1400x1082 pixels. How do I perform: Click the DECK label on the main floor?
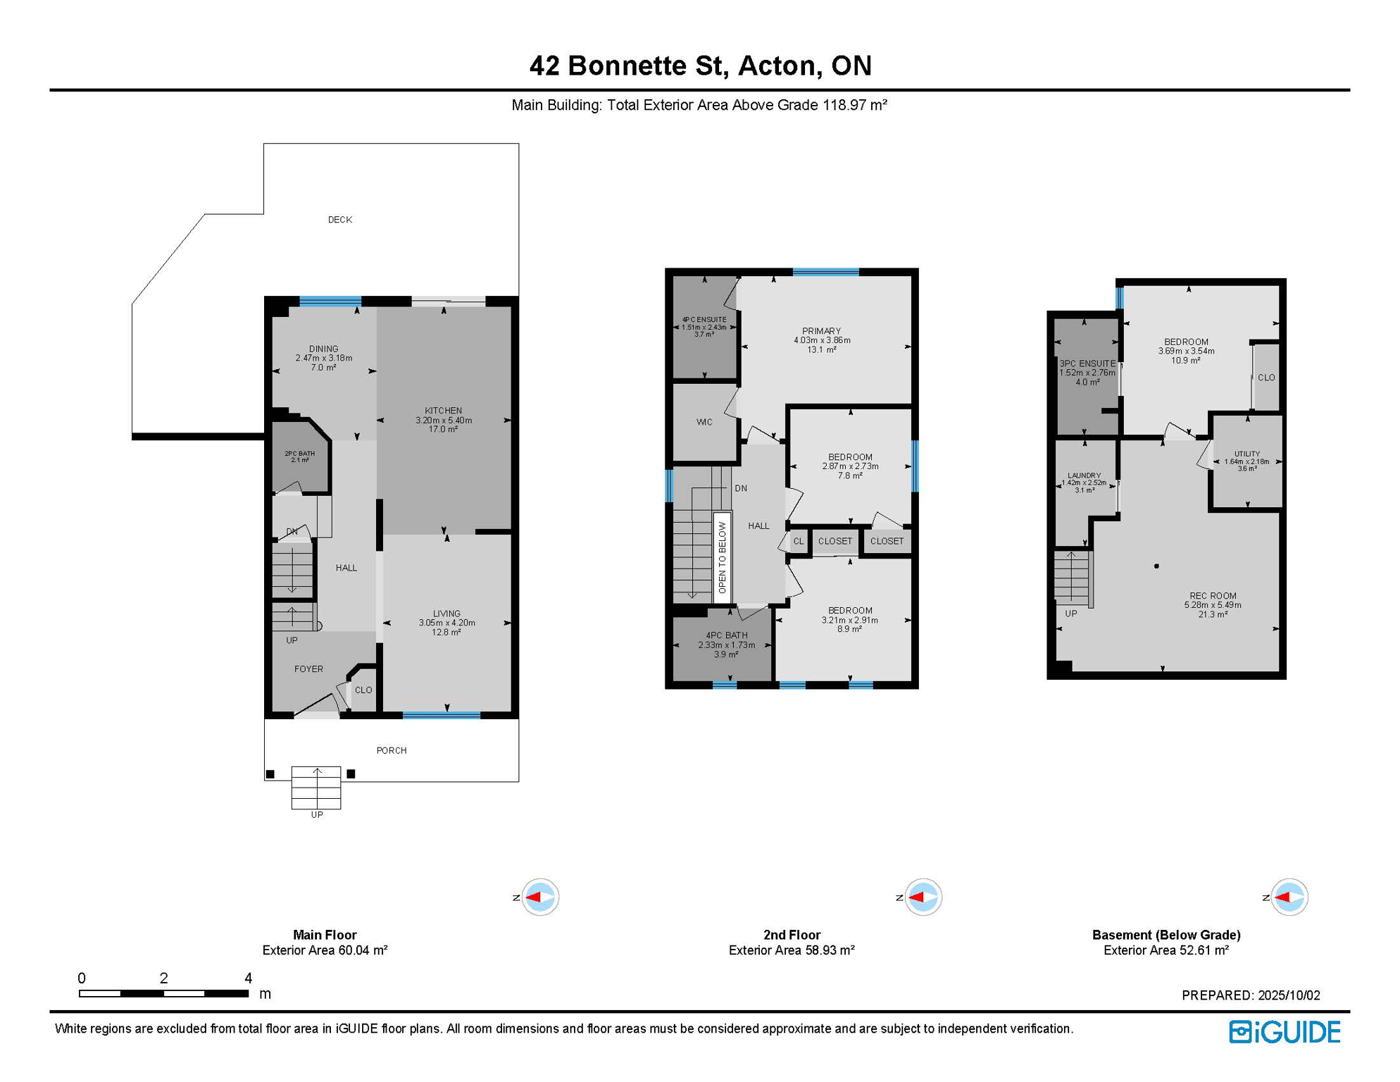pos(340,220)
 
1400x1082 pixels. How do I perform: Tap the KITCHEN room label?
pos(443,411)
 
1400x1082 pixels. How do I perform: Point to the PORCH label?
pos(392,750)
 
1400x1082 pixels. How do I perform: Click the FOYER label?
pos(308,669)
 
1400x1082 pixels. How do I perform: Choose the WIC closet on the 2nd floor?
pos(704,422)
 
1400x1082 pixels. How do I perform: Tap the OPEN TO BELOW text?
pos(722,557)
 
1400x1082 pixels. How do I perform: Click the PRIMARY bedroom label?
pos(822,331)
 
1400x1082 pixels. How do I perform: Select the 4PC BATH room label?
pos(727,635)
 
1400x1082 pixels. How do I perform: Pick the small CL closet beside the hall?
pos(798,541)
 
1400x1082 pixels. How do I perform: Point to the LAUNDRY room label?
pos(1084,475)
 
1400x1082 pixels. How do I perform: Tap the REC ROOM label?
pos(1213,596)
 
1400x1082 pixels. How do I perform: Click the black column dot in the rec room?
pos(1156,566)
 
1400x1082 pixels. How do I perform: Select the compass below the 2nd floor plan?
pos(923,897)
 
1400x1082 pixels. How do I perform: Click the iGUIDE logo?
pos(1285,1032)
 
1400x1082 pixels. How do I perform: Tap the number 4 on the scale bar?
pos(248,978)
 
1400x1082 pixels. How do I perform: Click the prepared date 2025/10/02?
pos(1289,995)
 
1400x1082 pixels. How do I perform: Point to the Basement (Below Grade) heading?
pos(1166,935)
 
